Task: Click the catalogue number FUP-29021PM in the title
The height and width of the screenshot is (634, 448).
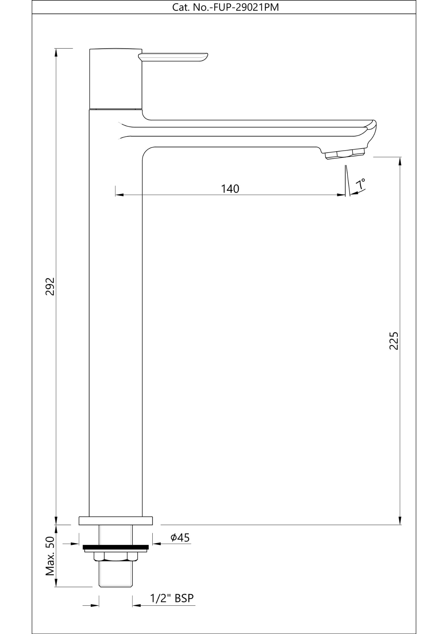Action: (x=246, y=7)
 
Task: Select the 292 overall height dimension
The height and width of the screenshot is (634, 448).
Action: (x=50, y=286)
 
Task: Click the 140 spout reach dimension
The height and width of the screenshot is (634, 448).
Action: (x=230, y=189)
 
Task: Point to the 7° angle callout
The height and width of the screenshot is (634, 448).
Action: (x=360, y=184)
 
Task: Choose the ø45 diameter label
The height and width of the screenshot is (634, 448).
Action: (x=180, y=538)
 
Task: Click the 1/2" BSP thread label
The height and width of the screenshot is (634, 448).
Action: (x=172, y=598)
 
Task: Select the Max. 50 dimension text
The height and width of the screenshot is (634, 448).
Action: (x=50, y=556)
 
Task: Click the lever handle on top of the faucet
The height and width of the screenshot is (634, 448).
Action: (x=173, y=57)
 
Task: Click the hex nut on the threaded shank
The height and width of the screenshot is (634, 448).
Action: (x=116, y=556)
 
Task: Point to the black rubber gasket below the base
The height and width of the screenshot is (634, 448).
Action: (x=116, y=547)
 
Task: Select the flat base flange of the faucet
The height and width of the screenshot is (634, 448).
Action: (x=116, y=521)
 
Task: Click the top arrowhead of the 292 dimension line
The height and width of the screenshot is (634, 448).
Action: (x=56, y=52)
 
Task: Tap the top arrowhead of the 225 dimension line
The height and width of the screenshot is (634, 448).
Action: (x=400, y=160)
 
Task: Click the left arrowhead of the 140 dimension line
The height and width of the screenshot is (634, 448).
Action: (x=119, y=195)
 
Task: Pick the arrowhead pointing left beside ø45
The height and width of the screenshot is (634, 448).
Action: (x=156, y=544)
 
